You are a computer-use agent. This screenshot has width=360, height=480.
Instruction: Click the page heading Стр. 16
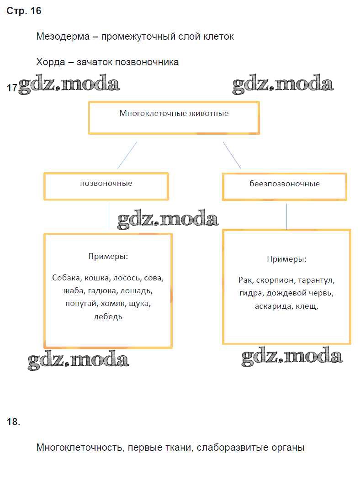click(x=24, y=11)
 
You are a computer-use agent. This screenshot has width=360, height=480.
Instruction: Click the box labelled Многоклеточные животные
click(x=174, y=117)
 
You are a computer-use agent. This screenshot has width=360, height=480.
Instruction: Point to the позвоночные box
click(x=106, y=185)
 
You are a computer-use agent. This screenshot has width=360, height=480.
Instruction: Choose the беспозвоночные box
click(x=284, y=186)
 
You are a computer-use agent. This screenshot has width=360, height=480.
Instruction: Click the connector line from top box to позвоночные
click(x=127, y=155)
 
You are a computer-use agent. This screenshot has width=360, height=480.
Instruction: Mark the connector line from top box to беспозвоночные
click(x=232, y=155)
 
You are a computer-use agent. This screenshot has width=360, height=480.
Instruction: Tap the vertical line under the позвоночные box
click(x=108, y=216)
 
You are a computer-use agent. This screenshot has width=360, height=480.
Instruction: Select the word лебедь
click(x=108, y=316)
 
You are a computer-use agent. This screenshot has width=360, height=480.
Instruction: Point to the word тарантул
click(x=317, y=280)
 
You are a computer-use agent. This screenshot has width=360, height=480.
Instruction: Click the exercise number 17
click(x=12, y=88)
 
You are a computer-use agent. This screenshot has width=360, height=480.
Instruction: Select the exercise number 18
click(x=14, y=422)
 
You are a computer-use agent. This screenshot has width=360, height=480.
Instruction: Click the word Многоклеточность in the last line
click(x=79, y=448)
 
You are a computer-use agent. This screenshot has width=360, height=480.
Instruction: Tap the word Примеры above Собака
click(x=108, y=256)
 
